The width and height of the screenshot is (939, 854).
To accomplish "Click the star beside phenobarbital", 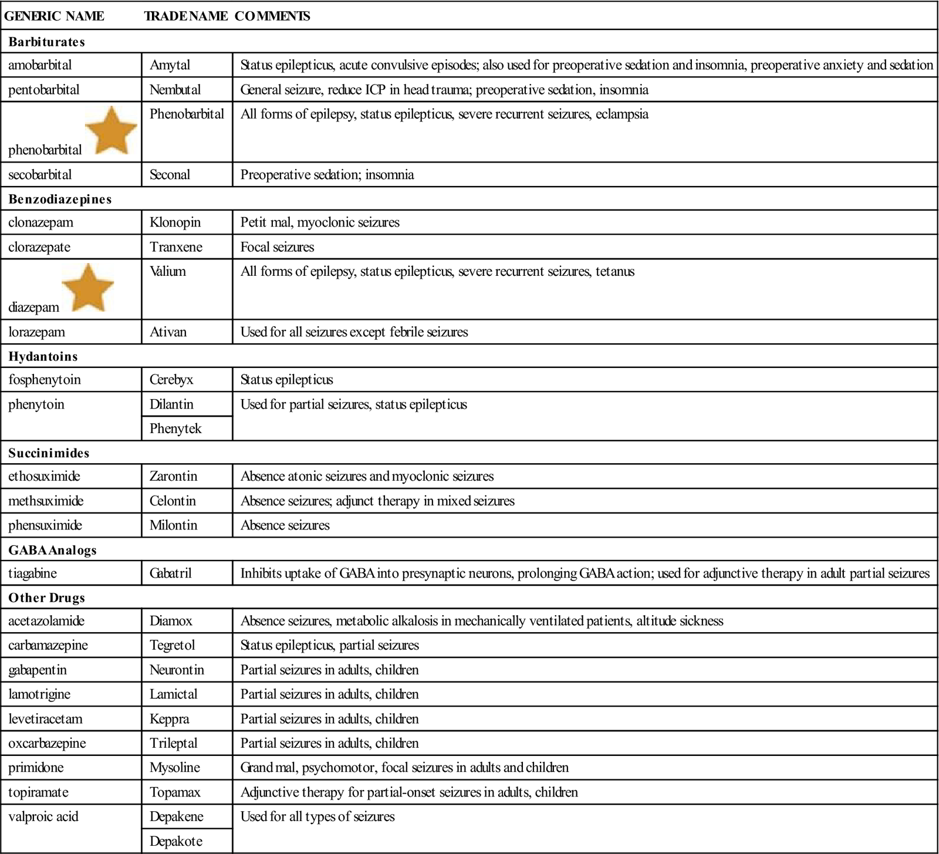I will coord(111,132).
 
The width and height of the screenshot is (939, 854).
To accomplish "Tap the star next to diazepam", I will coord(87,288).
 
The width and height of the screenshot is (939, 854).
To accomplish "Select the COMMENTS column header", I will coord(272,16).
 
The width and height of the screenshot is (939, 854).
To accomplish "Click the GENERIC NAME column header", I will coord(54,16).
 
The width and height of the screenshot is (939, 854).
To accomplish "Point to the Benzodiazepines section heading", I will coord(60,199).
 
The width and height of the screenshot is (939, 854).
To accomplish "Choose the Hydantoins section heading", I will coord(43,356).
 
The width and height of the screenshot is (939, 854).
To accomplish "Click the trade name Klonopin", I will coord(175,222).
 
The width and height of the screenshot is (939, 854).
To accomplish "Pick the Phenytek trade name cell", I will coord(175,428).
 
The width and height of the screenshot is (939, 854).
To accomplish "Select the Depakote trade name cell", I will coord(176,841).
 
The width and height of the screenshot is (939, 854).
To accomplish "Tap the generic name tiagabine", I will coord(32,573).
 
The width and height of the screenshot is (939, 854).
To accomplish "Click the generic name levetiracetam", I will coord(45,719).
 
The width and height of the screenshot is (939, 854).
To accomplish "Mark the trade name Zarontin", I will coord(173,476).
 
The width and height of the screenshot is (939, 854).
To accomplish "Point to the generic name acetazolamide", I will coord(46,621).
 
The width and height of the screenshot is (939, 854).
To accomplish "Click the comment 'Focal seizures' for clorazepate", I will coord(277,247).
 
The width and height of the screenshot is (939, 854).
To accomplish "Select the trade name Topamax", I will coord(175,792).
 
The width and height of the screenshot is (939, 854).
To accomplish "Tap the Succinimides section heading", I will coord(49,453).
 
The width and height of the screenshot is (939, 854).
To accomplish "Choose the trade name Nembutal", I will coord(175,90).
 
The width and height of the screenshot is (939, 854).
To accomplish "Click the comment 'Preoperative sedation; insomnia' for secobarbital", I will coord(327,175).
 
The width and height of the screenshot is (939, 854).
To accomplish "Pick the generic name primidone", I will coord(36,768).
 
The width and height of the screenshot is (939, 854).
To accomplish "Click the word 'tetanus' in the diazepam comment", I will coord(615,271).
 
